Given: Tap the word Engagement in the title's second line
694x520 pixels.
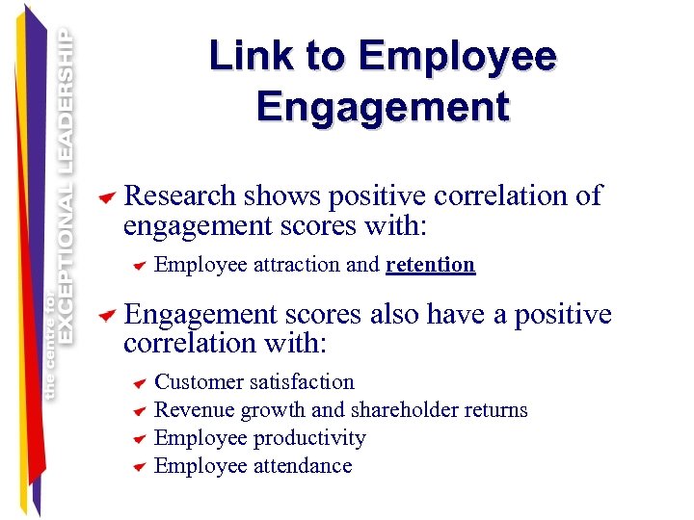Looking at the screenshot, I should pyautogui.click(x=383, y=106).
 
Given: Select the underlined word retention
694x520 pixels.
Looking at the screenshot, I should pyautogui.click(x=430, y=265).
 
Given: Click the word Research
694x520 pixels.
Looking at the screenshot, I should pyautogui.click(x=180, y=196).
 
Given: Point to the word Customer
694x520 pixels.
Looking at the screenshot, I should pyautogui.click(x=196, y=382).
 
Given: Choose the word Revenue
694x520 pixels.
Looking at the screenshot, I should pyautogui.click(x=194, y=410).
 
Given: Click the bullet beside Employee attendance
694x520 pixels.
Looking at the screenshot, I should pyautogui.click(x=140, y=468).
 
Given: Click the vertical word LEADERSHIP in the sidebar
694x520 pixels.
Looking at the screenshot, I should pyautogui.click(x=67, y=101).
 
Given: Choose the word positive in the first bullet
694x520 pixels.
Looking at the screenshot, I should pyautogui.click(x=379, y=196).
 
